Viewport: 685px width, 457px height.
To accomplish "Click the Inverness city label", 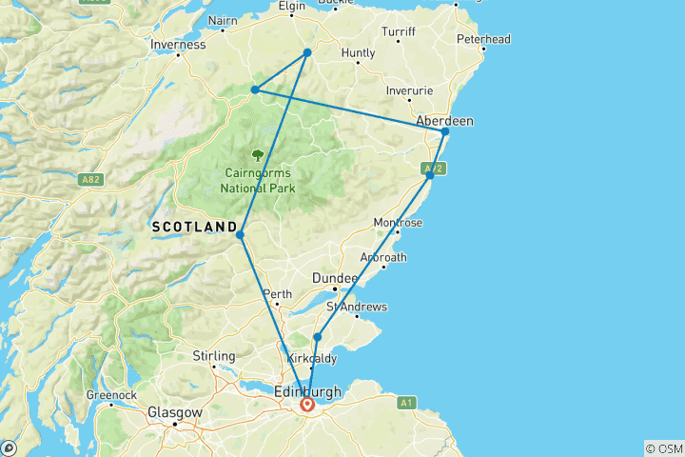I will [x=178, y=44].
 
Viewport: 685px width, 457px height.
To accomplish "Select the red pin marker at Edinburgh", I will [x=308, y=405].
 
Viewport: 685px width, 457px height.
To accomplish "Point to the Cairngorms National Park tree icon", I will [x=258, y=154].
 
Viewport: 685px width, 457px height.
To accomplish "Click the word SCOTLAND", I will [x=194, y=227].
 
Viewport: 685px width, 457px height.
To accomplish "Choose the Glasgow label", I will [x=175, y=412].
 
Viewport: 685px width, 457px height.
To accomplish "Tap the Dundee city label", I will [x=334, y=277].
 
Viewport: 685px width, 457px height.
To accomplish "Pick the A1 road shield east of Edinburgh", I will [x=407, y=403].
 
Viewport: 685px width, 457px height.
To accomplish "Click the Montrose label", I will [x=399, y=223].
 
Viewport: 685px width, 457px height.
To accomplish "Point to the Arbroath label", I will [x=383, y=257].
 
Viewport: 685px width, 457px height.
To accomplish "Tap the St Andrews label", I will [x=357, y=307].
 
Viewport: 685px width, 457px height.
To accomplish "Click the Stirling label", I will [x=214, y=356].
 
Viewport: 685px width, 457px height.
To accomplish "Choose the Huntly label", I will [x=358, y=53].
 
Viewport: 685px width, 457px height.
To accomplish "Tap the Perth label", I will [x=278, y=294].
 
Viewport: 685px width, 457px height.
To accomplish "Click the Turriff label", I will [x=399, y=31].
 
